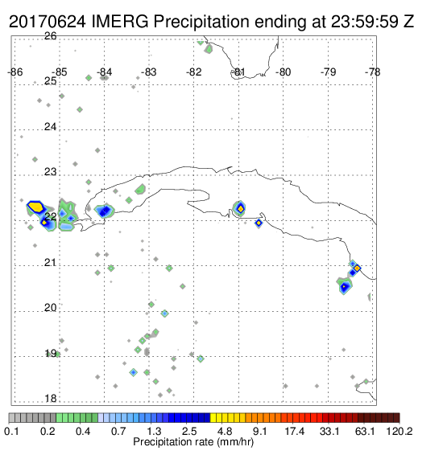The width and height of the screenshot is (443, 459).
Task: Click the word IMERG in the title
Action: [120, 22]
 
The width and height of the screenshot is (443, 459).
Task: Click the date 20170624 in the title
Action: [48, 22]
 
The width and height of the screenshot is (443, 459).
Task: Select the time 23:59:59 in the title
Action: [365, 22]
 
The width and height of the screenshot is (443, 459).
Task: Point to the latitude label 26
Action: [51, 36]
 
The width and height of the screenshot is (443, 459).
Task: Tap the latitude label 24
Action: [51, 127]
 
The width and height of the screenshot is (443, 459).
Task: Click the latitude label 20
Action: [51, 308]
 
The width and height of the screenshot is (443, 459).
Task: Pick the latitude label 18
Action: [51, 399]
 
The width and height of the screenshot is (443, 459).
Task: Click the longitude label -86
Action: [15, 72]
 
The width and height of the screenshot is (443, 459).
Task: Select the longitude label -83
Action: [149, 72]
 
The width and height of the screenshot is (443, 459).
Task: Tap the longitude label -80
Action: [283, 72]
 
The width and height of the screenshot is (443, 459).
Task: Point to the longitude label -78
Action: [373, 72]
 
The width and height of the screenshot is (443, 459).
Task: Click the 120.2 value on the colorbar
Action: [400, 431]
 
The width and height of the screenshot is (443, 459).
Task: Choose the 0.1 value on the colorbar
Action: [12, 431]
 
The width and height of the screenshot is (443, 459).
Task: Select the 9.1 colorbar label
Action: [259, 431]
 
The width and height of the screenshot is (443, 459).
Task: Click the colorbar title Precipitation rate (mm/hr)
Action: [193, 442]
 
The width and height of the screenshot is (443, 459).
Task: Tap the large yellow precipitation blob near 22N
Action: [35, 207]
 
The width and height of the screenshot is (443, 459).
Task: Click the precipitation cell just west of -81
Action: [240, 208]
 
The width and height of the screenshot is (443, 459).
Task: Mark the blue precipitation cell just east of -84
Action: [105, 211]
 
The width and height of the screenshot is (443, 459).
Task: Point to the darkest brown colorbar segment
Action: [396, 418]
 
